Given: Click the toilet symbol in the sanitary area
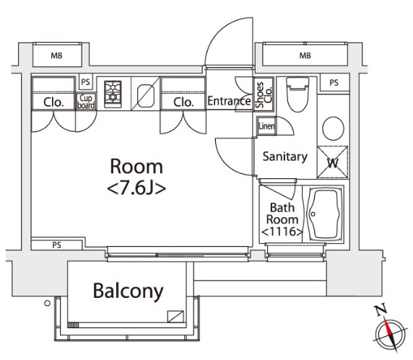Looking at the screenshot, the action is pos(297,95).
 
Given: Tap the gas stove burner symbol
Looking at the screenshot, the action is pos(113,95).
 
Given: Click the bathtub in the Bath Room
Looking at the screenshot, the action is pos(324,214).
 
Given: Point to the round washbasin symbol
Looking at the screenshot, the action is pos(333,128).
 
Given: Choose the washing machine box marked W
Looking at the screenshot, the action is pos(333,162).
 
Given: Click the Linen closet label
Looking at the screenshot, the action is pos(266,126).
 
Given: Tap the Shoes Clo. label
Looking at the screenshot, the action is pos(264,95).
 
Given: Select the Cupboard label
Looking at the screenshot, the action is pos(86,102).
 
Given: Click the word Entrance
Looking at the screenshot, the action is pos(229,101).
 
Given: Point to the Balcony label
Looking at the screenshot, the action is pos(129,291).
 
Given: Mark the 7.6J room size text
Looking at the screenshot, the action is pos(136,188).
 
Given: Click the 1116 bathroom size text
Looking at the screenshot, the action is pos(282,232).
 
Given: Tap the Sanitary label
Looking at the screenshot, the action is pos(285,157).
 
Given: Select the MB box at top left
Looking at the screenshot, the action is pos(57,56).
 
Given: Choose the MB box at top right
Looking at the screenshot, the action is pos(305,55).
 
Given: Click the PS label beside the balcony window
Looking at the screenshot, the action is pos(56,245).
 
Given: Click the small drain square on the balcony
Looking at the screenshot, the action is pos(175,316).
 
